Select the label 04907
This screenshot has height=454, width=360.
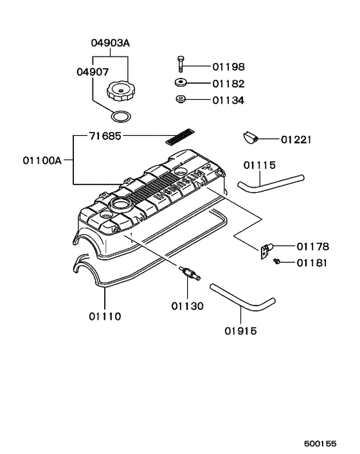pos(93,73)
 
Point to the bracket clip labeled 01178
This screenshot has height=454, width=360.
pos(265,250)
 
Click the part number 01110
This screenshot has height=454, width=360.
pos(105,316)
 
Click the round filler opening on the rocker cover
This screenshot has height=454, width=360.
pos(120,205)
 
